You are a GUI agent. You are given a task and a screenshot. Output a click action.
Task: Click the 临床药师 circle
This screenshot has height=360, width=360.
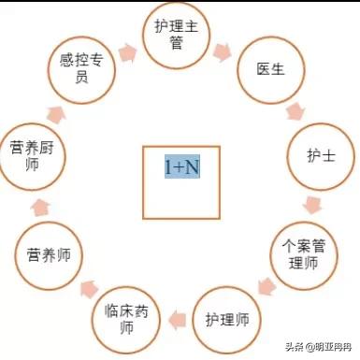click(126, 321)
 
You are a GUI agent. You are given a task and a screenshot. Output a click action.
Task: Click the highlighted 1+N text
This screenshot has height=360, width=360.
click(181, 166)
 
